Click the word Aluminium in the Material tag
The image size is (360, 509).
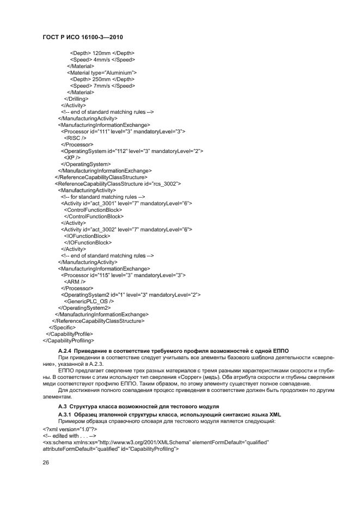pos(119,72)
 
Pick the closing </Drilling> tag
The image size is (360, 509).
pos(76,99)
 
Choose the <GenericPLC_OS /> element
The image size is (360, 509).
pos(89,301)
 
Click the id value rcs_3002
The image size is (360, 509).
pos(166,183)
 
